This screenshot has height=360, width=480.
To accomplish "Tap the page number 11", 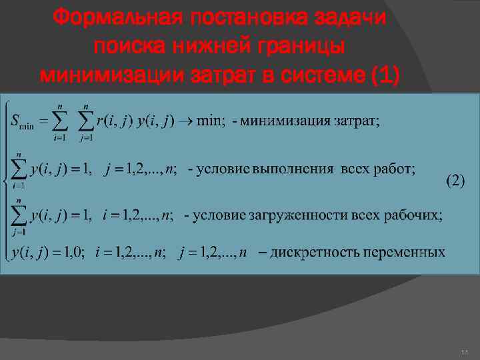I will (464, 352).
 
